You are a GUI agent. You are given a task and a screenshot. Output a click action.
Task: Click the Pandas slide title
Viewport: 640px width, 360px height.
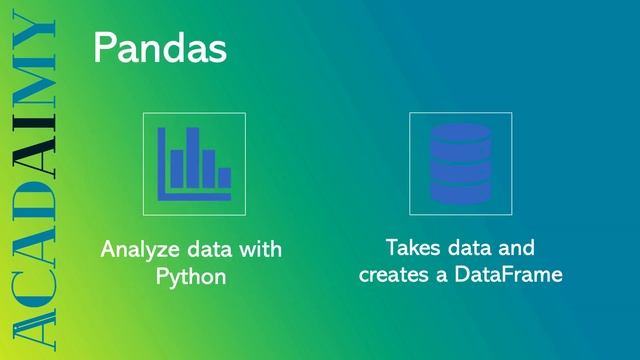pos(159,48)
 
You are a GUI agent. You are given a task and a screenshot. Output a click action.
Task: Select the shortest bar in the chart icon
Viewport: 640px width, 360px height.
pos(225,177)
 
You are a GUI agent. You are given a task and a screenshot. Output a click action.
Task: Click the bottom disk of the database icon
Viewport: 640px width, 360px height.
pos(460,190)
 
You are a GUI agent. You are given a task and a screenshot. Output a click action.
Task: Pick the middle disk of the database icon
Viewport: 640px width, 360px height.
pos(460,163)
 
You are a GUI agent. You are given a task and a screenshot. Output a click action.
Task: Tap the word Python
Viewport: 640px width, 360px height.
pos(191,275)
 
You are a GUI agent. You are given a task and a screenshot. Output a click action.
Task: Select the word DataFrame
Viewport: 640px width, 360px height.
pos(512,273)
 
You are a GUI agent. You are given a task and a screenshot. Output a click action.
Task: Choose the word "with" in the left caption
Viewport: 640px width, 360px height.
pos(259,248)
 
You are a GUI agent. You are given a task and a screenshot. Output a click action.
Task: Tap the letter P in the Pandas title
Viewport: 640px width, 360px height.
pos(103,48)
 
